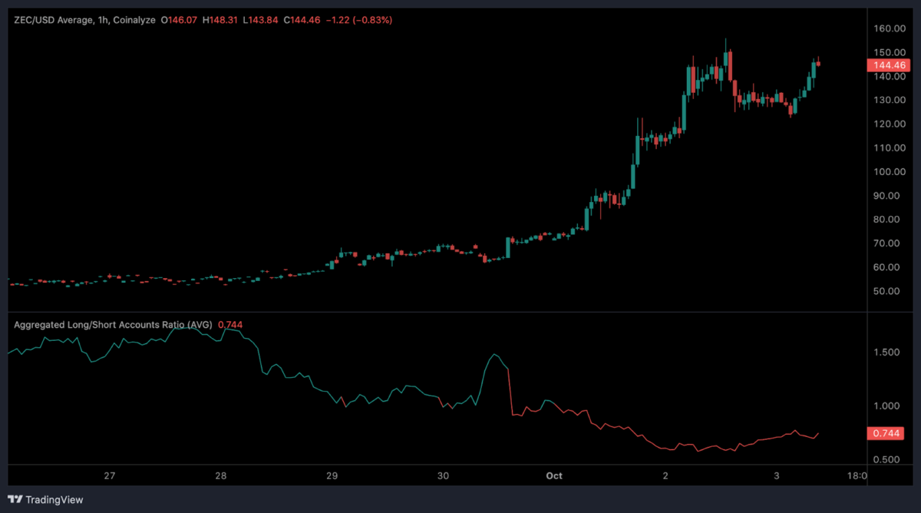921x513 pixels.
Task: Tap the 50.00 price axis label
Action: (x=888, y=291)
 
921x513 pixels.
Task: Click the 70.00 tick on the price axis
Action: (x=888, y=243)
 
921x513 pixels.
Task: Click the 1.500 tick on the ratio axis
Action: (x=886, y=352)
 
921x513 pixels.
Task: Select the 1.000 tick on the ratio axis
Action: (x=886, y=406)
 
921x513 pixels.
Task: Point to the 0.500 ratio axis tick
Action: (x=886, y=460)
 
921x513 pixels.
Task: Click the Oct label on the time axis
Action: (x=554, y=476)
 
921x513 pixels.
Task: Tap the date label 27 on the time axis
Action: (x=110, y=476)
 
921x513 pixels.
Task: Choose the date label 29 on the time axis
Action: (x=332, y=476)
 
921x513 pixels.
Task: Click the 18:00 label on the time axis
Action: (x=857, y=476)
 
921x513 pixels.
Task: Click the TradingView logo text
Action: (x=54, y=500)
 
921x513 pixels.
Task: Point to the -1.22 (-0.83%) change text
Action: (x=358, y=20)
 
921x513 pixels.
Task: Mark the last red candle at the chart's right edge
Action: (x=819, y=64)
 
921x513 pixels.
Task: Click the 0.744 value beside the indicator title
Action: (x=230, y=325)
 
